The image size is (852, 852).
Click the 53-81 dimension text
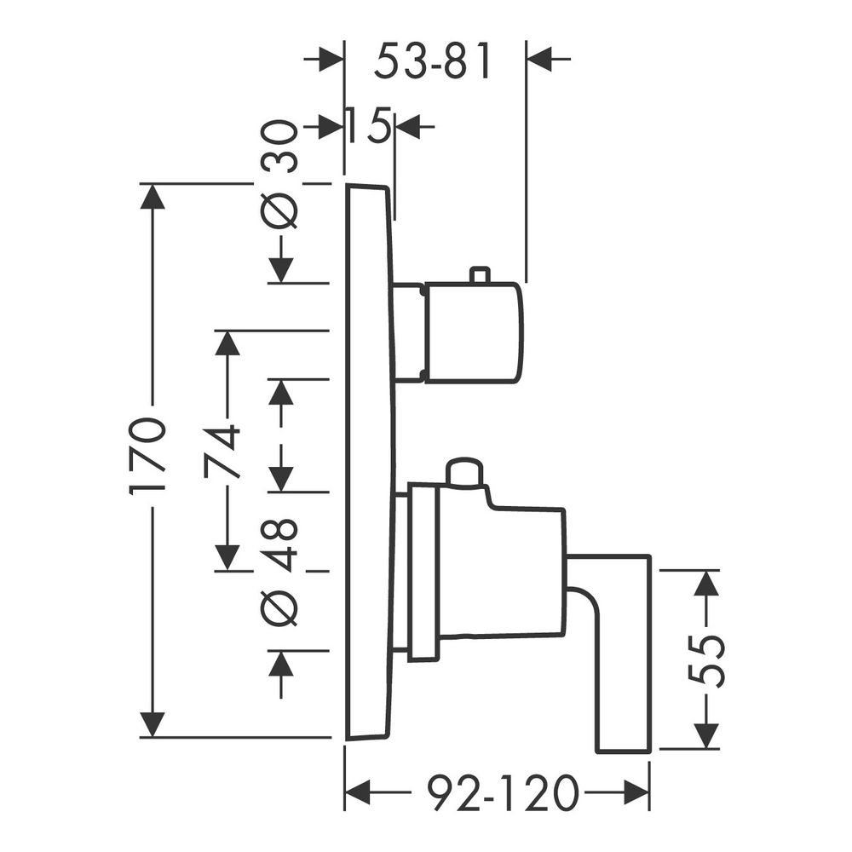point(432,60)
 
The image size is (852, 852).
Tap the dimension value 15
point(368,125)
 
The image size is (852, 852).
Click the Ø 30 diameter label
point(279,174)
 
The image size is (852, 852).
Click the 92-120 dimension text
point(501,793)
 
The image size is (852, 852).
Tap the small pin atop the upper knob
point(481,274)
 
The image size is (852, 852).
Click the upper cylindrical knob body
point(475,332)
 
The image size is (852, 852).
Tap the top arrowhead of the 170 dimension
point(153,196)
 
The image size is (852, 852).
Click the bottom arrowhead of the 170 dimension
point(153,725)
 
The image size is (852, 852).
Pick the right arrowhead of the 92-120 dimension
point(636,793)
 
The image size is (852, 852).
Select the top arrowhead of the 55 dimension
point(705,583)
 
